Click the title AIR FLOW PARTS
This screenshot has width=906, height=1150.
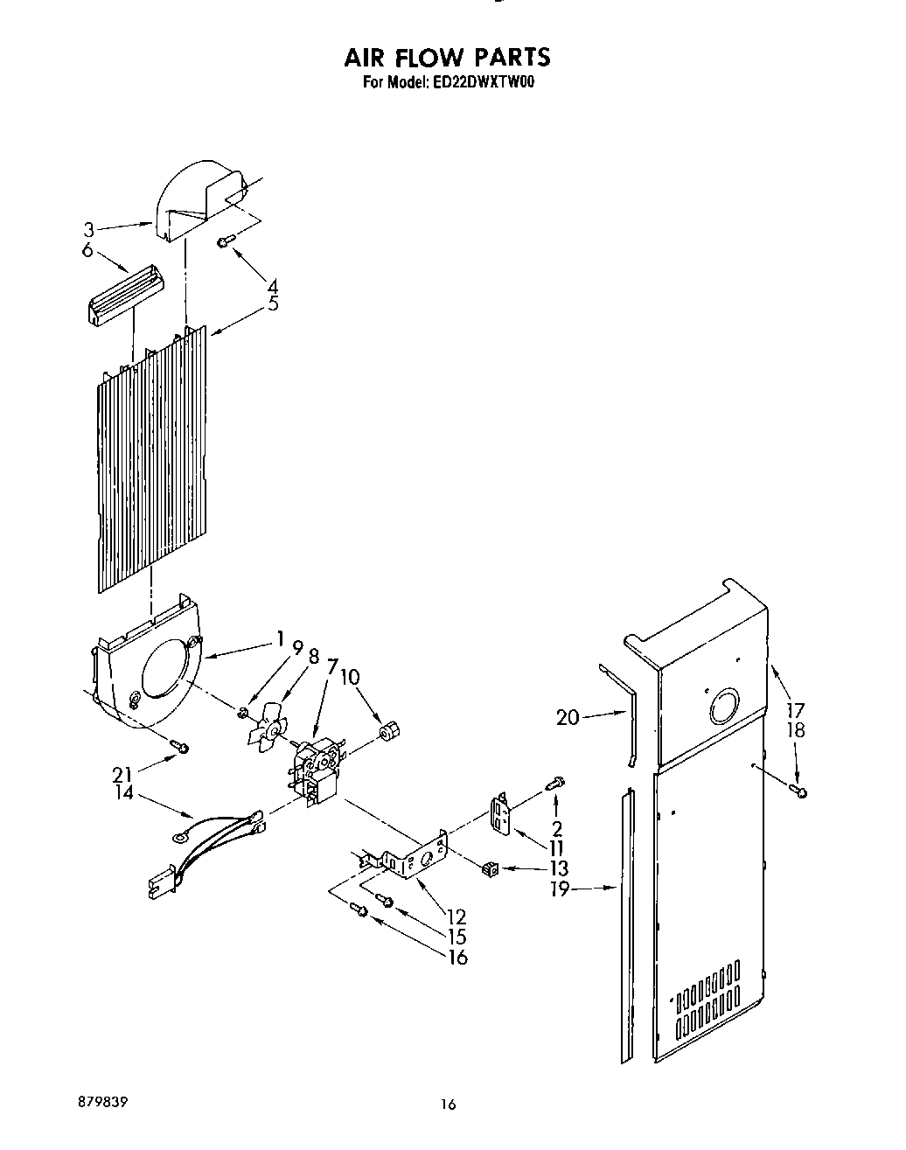pos(446,58)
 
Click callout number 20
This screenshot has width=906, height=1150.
pos(568,718)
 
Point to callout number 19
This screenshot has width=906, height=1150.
pos(561,889)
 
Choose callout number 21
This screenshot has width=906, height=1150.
pos(122,773)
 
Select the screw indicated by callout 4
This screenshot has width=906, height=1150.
pos(223,238)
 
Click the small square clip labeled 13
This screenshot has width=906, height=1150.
pos(490,868)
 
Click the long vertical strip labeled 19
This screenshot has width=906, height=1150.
pos(626,927)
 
